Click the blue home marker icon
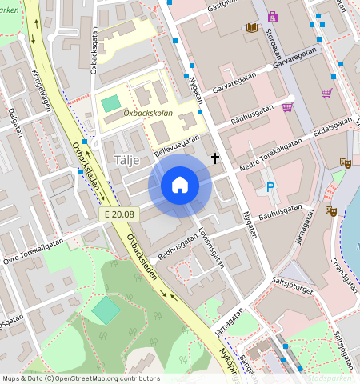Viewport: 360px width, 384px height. (180, 185)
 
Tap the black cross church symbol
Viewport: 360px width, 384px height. (214, 158)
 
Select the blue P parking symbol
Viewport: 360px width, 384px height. (270, 187)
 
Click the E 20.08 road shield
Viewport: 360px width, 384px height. (119, 214)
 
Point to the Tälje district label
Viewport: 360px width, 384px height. (126, 160)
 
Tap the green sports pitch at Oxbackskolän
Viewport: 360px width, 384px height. (110, 103)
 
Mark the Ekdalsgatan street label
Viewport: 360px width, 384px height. (334, 126)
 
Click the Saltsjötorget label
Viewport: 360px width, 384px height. (292, 294)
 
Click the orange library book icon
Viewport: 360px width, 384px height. (252, 27)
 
